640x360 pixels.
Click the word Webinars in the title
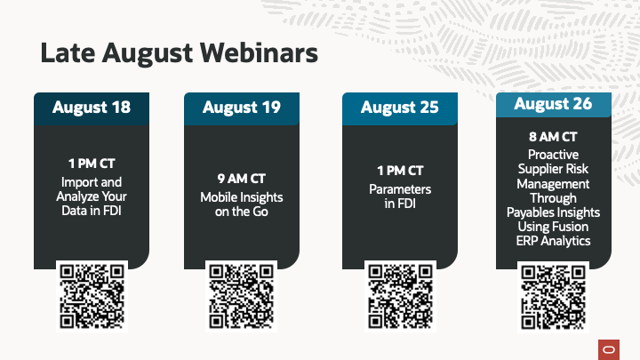(259, 53)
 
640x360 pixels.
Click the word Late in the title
(68, 53)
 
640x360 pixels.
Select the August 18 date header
(92, 108)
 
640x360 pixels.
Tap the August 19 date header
(242, 108)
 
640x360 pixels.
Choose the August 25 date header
(400, 108)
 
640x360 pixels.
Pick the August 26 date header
(554, 105)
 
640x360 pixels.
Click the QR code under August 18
(92, 296)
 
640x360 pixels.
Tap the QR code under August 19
(241, 296)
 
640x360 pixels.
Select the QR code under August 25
(400, 296)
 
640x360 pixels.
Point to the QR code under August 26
(553, 297)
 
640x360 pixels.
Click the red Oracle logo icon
(609, 350)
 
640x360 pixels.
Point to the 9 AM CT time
(242, 179)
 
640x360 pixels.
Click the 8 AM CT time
(554, 137)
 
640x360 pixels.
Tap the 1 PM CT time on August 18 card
(92, 164)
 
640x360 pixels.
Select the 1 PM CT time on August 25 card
(400, 171)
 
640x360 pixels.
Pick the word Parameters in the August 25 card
(400, 189)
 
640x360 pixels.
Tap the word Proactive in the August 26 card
(554, 155)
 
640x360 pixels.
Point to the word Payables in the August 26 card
(528, 212)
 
